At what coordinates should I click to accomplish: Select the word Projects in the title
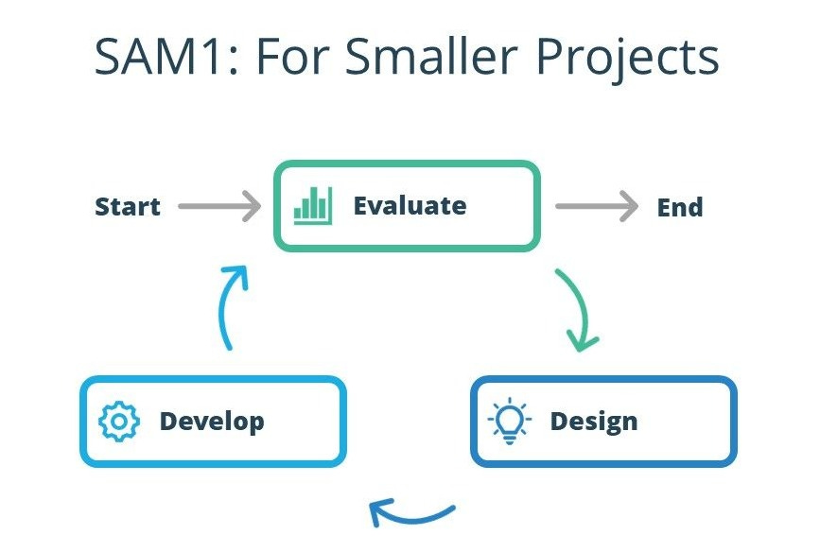pyautogui.click(x=628, y=59)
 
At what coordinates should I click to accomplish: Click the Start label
pyautogui.click(x=128, y=207)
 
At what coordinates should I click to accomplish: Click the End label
pyautogui.click(x=680, y=207)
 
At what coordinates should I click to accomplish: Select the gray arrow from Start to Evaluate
pyautogui.click(x=218, y=206)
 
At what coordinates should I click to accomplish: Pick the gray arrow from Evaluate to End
pyautogui.click(x=596, y=206)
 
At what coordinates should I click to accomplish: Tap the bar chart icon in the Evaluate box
pyautogui.click(x=312, y=205)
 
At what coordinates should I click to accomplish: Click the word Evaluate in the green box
pyautogui.click(x=410, y=206)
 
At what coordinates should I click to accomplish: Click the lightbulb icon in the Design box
pyautogui.click(x=511, y=421)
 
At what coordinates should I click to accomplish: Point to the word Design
pyautogui.click(x=594, y=421)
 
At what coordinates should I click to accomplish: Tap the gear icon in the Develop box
pyautogui.click(x=119, y=422)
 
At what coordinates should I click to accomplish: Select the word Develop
pyautogui.click(x=212, y=422)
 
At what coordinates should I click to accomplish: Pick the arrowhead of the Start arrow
pyautogui.click(x=251, y=206)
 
